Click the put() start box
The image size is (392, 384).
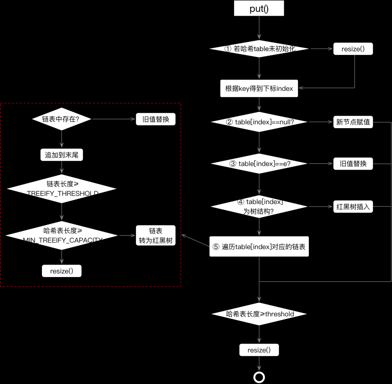259,9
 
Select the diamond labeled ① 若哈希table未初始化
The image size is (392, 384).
259,49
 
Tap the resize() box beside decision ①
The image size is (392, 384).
353,49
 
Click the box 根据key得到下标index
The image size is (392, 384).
259,89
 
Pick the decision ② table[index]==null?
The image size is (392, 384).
259,122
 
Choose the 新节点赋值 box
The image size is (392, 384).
353,122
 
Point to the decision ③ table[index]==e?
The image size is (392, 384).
259,164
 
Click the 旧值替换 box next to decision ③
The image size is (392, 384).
353,164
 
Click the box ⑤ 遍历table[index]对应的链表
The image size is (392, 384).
259,246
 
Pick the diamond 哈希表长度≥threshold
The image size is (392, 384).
259,314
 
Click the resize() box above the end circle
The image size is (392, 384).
259,350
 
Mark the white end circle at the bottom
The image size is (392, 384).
259,377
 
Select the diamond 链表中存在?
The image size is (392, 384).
61,119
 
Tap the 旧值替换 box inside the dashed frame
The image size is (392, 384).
156,119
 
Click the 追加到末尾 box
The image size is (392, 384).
62,155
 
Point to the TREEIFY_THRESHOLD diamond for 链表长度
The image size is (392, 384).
62,188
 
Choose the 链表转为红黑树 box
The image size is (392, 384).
156,235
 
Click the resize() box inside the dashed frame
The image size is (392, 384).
62,271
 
